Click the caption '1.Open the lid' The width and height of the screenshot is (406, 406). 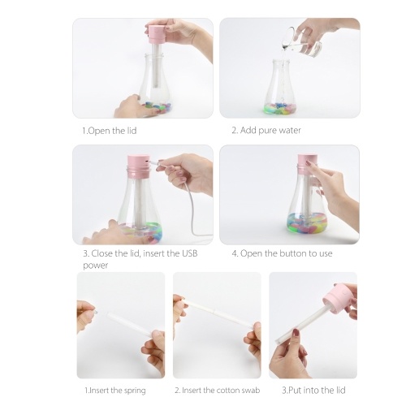click(x=110, y=131)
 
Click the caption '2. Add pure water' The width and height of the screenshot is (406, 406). click(x=266, y=131)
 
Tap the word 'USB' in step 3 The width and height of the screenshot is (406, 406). click(x=189, y=253)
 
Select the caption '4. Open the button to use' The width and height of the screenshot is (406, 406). click(x=282, y=253)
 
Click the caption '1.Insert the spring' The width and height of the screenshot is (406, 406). click(x=115, y=391)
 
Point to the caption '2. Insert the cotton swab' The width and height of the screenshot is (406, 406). click(x=218, y=391)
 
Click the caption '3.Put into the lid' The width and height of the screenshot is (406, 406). click(x=313, y=391)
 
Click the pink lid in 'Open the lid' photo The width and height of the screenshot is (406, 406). click(x=156, y=34)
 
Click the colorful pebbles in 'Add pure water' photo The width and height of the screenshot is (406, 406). click(x=281, y=108)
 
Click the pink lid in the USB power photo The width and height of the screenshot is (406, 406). click(x=138, y=166)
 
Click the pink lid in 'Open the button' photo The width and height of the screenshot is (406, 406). click(x=308, y=164)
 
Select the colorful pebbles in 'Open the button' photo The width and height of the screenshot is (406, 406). click(x=307, y=223)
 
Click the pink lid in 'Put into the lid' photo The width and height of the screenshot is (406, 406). click(x=338, y=298)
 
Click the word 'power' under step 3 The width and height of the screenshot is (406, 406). click(x=95, y=266)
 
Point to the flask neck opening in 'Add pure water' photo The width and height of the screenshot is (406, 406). click(x=281, y=62)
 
